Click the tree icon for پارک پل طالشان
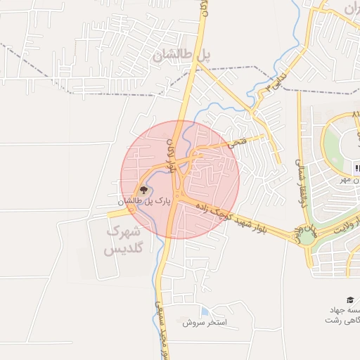coord(143,189)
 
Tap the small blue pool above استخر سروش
coord(204,311)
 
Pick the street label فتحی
coord(238,143)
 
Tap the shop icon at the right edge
coord(357,168)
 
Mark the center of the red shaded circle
coord(180,180)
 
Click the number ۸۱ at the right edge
coord(355,114)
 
